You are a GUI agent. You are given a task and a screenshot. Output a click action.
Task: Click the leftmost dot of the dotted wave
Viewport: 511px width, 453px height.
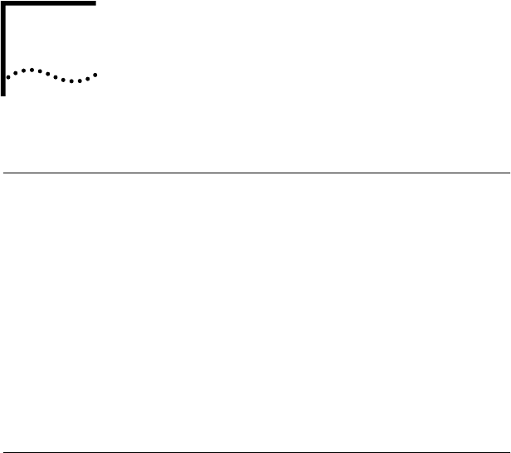click(8, 77)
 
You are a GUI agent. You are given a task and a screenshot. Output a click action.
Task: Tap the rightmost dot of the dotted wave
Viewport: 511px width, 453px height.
click(95, 75)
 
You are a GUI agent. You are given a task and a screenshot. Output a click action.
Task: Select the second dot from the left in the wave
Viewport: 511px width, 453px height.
click(16, 73)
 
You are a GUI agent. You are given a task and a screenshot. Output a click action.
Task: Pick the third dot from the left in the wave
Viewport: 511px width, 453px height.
click(23, 71)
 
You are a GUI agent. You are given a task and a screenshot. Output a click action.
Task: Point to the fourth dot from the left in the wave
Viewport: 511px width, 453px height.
click(32, 70)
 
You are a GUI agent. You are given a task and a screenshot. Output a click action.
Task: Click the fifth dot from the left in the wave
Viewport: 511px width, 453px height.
click(40, 71)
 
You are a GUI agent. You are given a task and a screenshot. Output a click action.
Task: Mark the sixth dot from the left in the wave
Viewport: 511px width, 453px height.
click(48, 74)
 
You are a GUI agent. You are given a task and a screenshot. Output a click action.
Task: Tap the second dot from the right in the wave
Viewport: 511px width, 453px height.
click(88, 79)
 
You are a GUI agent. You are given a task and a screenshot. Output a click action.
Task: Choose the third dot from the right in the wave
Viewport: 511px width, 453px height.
click(80, 81)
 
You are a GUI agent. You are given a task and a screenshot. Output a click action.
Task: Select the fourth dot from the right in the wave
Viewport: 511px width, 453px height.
click(71, 81)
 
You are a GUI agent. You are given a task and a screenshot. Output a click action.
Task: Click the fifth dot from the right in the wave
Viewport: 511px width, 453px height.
click(63, 80)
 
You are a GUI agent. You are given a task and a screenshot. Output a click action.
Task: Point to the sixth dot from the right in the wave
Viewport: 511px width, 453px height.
click(56, 77)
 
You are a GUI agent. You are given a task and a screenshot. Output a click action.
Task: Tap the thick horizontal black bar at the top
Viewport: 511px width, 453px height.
click(50, 3)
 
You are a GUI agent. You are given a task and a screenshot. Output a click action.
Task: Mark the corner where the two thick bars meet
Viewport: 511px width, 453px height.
click(3, 3)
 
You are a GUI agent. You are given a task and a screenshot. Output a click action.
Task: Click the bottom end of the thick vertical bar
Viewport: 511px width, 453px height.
click(3, 94)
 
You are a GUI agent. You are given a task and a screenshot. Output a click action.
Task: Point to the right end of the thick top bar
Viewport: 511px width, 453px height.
click(95, 3)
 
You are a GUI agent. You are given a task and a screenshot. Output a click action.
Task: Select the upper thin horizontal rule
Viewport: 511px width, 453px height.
click(255, 173)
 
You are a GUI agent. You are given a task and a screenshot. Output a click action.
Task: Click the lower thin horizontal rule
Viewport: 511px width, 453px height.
click(255, 452)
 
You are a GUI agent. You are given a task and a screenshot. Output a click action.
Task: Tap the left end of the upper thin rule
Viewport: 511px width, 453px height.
click(2, 173)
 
